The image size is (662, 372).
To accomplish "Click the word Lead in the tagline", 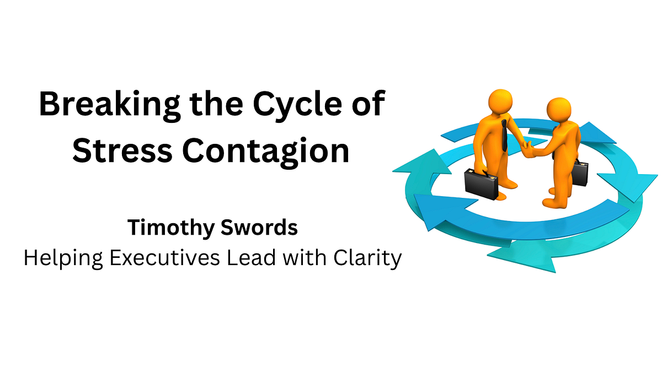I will point(260,257).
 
